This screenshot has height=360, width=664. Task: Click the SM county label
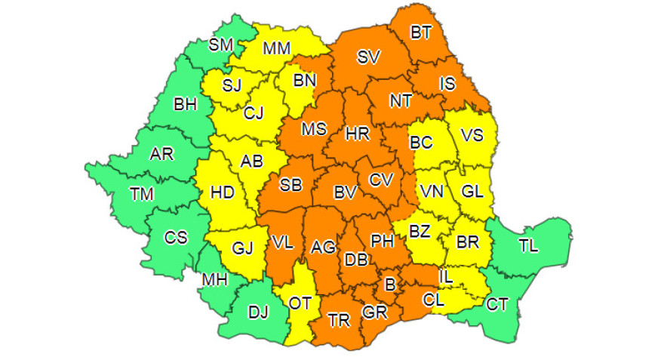click(221, 45)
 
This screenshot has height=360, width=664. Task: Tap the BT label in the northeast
click(421, 32)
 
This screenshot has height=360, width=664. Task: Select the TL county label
click(529, 244)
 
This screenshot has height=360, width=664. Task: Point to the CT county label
click(497, 304)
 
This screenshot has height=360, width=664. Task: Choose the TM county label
click(141, 194)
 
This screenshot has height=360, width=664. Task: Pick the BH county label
click(185, 103)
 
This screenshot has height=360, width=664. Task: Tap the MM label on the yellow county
click(277, 49)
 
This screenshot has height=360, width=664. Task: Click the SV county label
click(368, 57)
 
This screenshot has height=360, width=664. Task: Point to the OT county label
click(300, 303)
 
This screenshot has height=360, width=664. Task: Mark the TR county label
click(340, 320)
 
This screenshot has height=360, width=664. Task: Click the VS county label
click(472, 135)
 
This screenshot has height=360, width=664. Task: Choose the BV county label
click(345, 193)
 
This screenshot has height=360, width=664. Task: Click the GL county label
click(472, 192)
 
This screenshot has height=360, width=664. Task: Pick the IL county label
click(446, 277)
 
